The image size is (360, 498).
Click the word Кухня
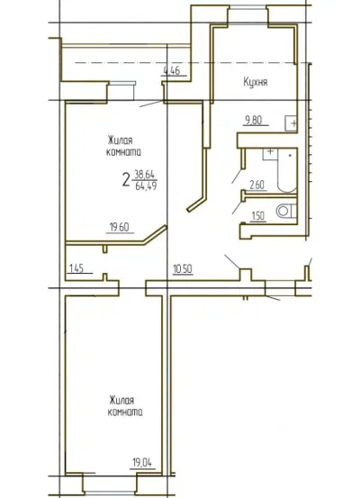coord(256,82)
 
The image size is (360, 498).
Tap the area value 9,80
coord(253,120)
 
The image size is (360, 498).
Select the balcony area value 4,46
coord(171,70)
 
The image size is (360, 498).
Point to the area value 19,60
coord(120,228)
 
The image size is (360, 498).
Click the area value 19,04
coord(142,463)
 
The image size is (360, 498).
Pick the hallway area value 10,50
coord(183,269)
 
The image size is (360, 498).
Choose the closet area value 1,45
coord(76,268)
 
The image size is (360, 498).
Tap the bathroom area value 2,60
coord(256,185)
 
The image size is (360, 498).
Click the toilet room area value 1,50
coord(257,215)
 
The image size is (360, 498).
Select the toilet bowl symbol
coord(285,211)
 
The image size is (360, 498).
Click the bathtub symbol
coord(287,170)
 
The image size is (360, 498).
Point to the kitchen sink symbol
coord(291,122)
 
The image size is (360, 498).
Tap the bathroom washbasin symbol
coord(270,154)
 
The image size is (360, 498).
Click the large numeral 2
coord(126,180)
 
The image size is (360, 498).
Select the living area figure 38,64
coord(145,174)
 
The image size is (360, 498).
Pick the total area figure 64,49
coord(146,186)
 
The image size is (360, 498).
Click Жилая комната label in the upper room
coord(123,147)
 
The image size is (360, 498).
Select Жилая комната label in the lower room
coord(125,406)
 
